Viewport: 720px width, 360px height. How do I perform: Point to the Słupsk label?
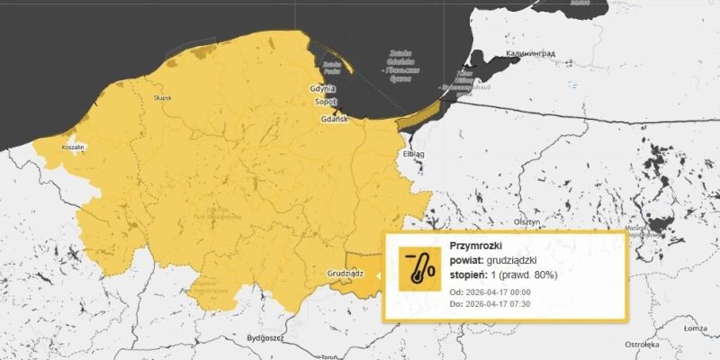point(162,98)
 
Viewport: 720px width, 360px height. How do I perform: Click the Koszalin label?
point(73,147)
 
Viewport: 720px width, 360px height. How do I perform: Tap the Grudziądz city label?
point(346,270)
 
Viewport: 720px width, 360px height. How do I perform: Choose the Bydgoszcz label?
point(265,337)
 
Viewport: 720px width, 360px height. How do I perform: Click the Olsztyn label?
point(526,220)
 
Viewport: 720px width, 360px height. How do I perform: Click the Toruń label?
point(328,356)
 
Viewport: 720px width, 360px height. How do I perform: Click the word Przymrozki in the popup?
point(474,245)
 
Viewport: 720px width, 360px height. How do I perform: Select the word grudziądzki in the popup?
point(517,259)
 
